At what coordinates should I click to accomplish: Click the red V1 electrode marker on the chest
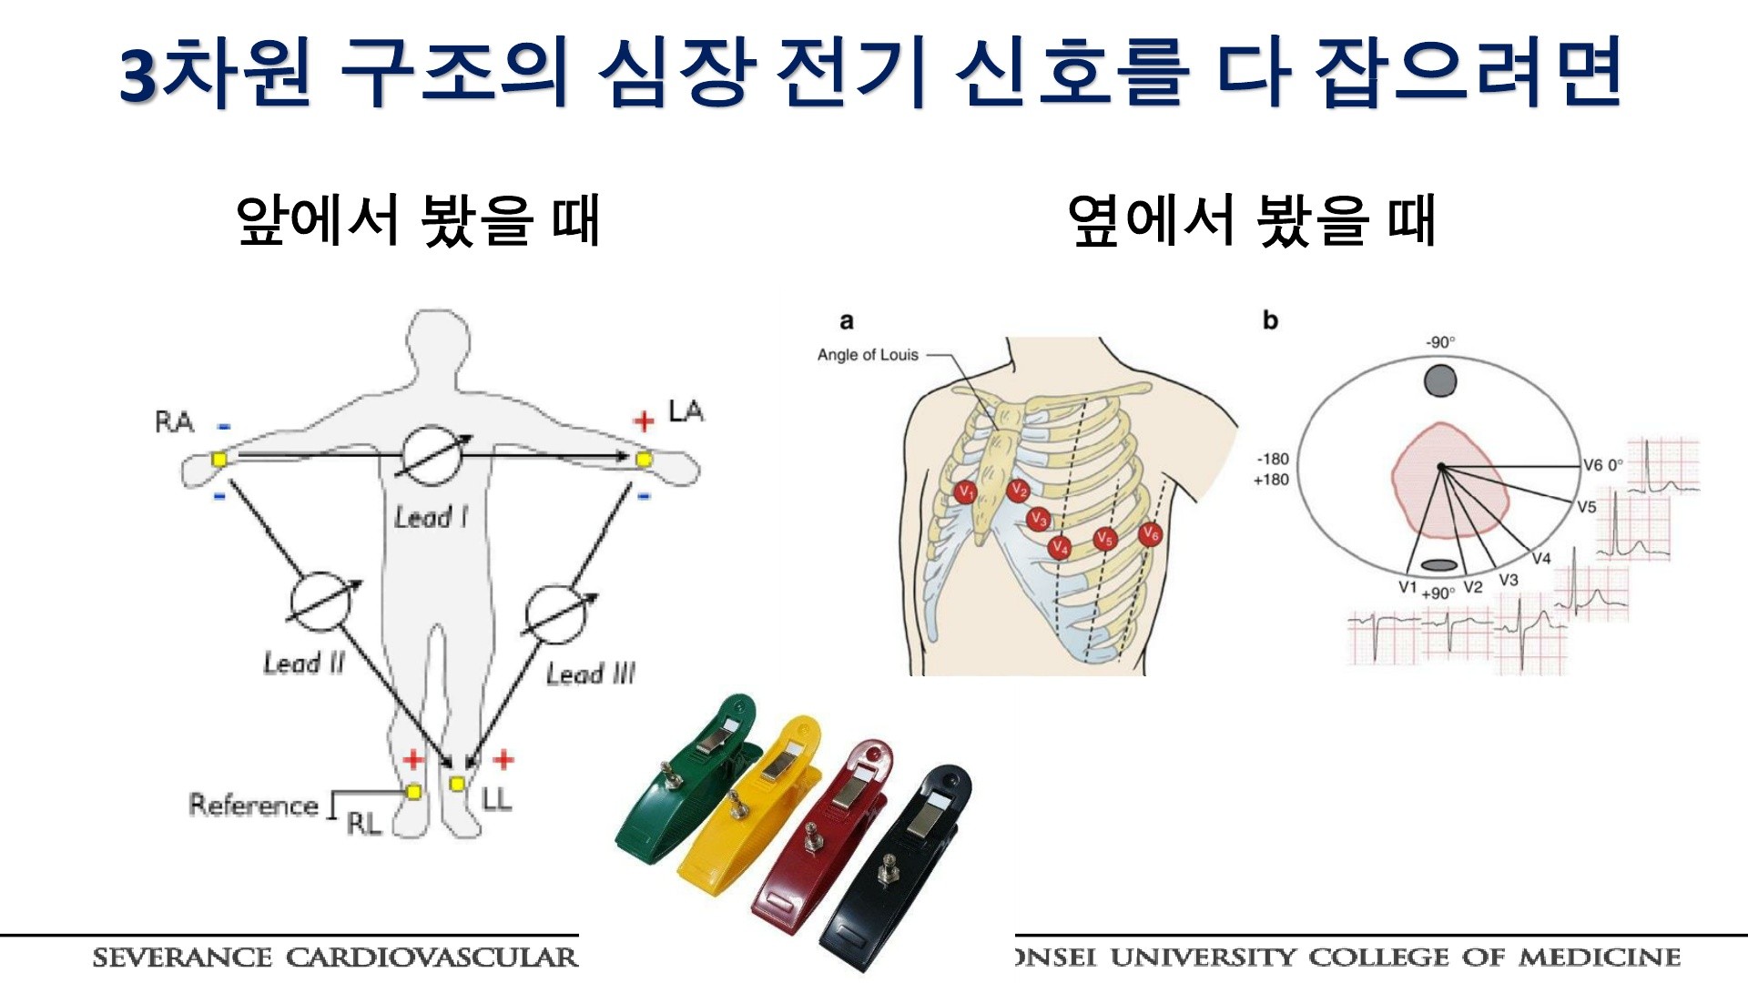click(965, 492)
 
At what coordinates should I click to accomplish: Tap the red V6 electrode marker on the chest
click(1151, 533)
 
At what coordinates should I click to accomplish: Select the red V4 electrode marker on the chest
click(1059, 547)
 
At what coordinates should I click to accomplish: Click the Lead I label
click(431, 518)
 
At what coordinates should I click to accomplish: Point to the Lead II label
click(304, 663)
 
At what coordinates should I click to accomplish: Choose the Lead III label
click(590, 674)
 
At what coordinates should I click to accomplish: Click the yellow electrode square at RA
click(218, 460)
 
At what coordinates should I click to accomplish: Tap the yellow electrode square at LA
click(644, 459)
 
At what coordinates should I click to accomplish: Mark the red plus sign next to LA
click(644, 421)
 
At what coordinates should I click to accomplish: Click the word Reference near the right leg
click(253, 805)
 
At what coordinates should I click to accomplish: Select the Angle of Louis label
click(868, 355)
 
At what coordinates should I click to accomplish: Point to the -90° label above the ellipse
click(1440, 342)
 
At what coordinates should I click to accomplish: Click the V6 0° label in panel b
click(1602, 465)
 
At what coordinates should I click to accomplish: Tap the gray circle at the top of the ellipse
click(1440, 380)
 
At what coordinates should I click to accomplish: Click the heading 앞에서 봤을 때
click(418, 221)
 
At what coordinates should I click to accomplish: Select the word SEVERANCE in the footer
click(182, 958)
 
